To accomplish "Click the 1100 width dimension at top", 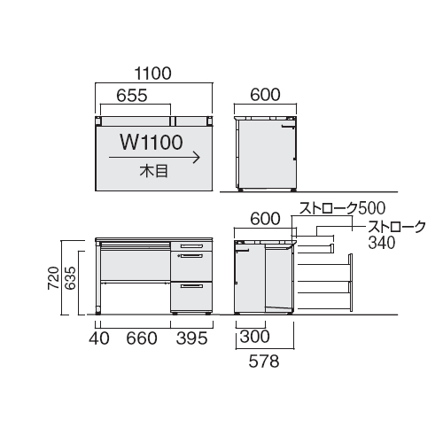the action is point(152,74).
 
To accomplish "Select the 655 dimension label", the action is point(132,96).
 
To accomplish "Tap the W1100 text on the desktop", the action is point(152,142).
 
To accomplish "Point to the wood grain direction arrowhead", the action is point(197,158).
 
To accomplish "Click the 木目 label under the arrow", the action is point(154,171).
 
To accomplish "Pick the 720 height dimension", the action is point(54,277).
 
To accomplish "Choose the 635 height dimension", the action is point(70,277).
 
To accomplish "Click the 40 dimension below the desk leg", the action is point(99,338).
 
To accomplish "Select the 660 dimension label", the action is point(142,338).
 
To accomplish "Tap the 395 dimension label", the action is point(192,338).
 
